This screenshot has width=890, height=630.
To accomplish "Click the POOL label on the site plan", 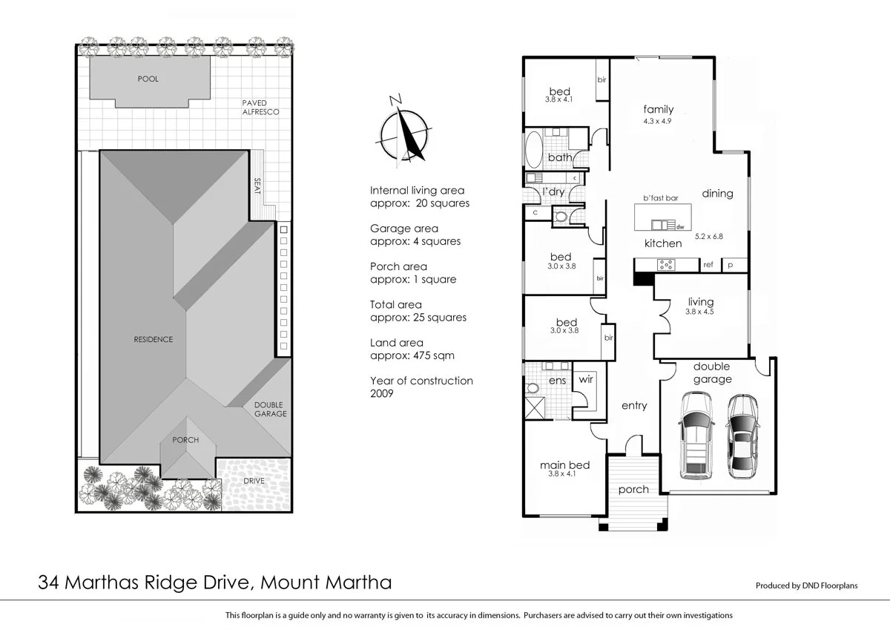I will click(148, 79).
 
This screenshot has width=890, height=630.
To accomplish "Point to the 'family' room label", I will click(658, 110).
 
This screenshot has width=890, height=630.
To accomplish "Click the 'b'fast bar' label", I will click(661, 198).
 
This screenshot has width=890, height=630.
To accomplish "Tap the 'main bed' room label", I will click(564, 465).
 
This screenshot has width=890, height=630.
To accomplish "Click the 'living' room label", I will click(700, 302).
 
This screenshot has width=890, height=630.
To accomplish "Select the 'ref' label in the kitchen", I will click(708, 264).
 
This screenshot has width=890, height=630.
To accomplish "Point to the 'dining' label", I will click(717, 194).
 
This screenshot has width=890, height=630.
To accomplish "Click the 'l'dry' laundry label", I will click(555, 192).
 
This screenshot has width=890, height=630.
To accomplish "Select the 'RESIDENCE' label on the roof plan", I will click(153, 339).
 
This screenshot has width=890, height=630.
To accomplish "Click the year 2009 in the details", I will click(381, 394).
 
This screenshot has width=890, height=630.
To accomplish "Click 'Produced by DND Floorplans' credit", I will click(806, 585).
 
